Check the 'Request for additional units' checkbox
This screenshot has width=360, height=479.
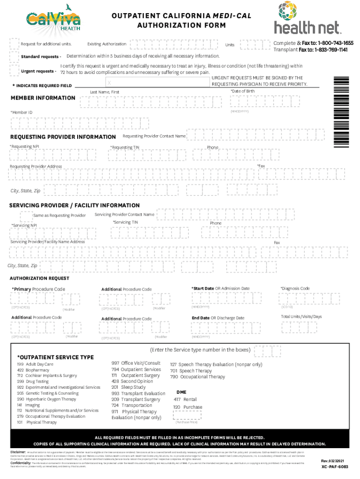coord(14,44)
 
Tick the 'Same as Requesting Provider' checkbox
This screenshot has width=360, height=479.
coord(25,215)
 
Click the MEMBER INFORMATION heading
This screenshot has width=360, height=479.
coord(43,98)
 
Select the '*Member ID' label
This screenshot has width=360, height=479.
coord(22,113)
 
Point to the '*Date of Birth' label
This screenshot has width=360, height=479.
coord(242,90)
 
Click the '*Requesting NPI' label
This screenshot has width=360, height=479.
coord(24,147)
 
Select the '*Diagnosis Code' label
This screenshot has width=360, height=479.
coord(295,289)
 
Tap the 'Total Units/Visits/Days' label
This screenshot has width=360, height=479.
coord(301,317)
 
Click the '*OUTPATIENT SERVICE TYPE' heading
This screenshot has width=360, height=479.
coord(55,357)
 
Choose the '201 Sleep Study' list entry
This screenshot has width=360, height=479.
coord(128,387)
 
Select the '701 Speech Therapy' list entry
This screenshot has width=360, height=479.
coord(191,370)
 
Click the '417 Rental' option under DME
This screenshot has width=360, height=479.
coord(185,399)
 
